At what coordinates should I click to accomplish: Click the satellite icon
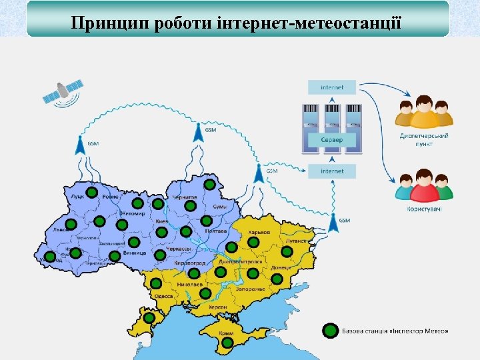coord(62,91)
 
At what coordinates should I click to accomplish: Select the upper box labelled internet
coord(332,87)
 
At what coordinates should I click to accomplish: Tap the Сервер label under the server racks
coord(332,140)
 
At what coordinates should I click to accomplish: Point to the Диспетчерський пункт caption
coord(424,139)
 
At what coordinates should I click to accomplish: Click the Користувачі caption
coord(424,209)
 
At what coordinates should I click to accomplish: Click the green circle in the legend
coord(330,331)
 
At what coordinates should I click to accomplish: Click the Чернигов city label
coord(185,197)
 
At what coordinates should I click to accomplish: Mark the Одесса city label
coord(163,295)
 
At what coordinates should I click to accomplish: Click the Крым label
coord(228,332)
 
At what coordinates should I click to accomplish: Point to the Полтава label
coord(215,231)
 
